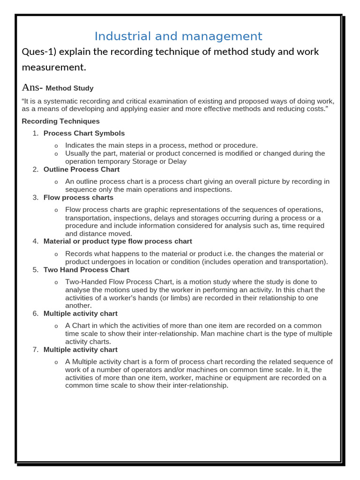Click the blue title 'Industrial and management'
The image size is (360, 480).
[x=178, y=36]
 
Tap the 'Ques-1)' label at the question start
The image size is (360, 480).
[x=39, y=52]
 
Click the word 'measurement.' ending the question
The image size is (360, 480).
[x=54, y=67]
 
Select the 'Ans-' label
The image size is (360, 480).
[x=32, y=88]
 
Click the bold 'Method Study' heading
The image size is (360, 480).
[x=69, y=88]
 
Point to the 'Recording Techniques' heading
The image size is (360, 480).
[x=61, y=121]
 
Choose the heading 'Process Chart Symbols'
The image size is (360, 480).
[x=84, y=133]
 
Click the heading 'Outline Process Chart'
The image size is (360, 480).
[x=82, y=169]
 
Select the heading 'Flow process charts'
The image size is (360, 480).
[x=78, y=197]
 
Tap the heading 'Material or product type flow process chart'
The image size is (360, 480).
[x=118, y=241]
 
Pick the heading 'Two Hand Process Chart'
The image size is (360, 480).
[x=86, y=270]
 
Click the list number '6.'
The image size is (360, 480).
[x=36, y=313]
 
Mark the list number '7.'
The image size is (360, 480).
[x=36, y=349]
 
